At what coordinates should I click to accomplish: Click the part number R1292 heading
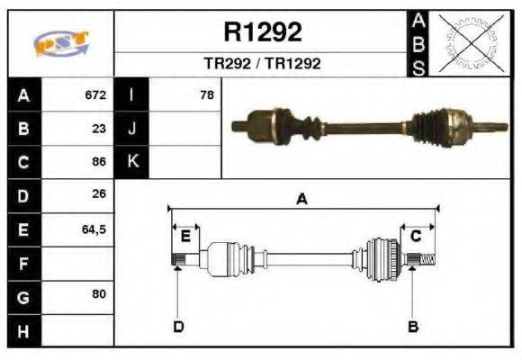point(262,32)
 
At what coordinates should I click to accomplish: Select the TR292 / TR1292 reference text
point(262,64)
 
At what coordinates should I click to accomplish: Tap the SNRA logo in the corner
point(60,44)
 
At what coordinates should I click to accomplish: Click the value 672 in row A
point(95,94)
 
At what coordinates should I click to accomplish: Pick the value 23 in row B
point(99,128)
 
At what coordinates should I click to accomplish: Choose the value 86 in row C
point(99,162)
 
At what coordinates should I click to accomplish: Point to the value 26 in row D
point(99,194)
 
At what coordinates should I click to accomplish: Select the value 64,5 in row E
point(94,229)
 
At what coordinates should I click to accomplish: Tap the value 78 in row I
point(206,94)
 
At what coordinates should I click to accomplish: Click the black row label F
point(22,263)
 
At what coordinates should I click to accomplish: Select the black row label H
point(22,330)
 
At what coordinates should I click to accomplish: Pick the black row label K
point(132,162)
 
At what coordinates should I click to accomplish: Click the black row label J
point(132,128)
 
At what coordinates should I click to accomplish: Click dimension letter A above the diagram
point(302,200)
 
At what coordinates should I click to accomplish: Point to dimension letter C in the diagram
point(416,236)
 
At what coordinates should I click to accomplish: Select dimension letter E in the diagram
point(185,236)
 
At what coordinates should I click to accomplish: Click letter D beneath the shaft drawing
point(178,326)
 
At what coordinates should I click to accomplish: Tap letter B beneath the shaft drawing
point(413,326)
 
